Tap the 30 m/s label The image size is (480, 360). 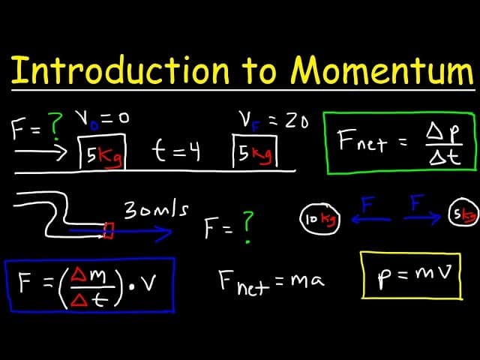tap(156, 212)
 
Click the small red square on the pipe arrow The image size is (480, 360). tap(109, 230)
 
